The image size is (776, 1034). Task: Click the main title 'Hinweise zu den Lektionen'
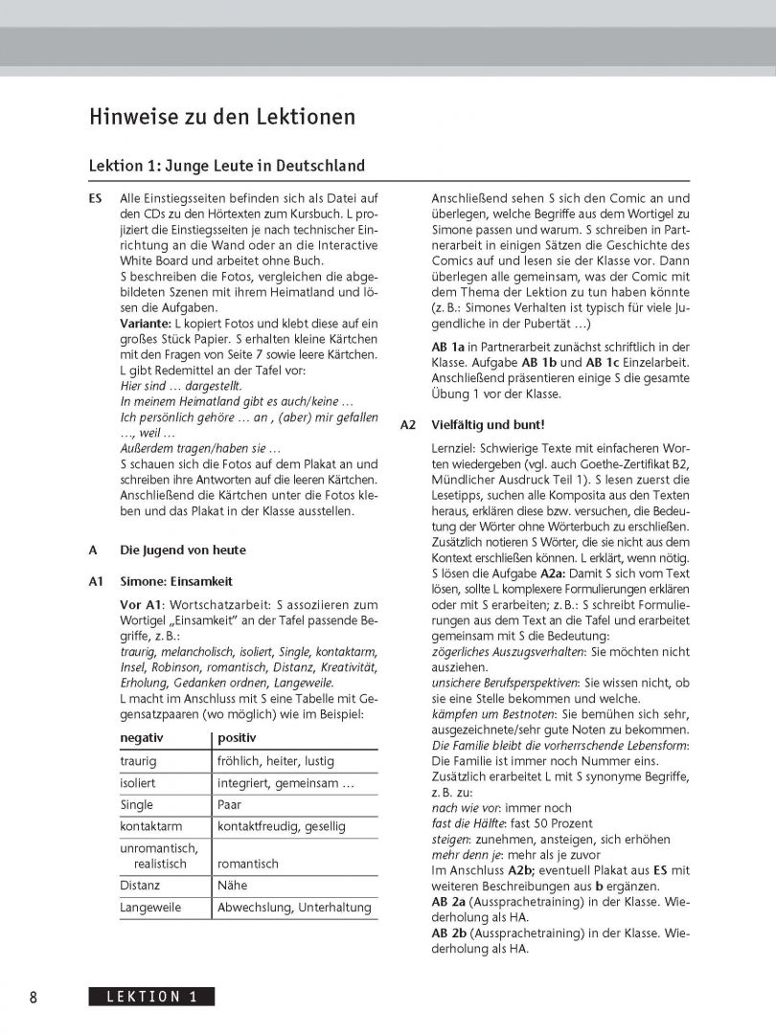pos(222,117)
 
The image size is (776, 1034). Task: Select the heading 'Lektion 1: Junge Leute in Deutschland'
pos(226,166)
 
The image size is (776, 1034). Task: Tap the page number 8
pos(34,997)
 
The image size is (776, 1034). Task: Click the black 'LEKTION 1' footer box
pos(151,997)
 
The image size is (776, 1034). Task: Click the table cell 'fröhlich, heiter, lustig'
pos(276,761)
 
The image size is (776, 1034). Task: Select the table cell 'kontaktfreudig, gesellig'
pos(282,825)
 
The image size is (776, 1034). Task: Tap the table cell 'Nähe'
pos(232,885)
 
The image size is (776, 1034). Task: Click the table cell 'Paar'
pos(230,804)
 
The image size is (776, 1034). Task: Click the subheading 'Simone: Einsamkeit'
pos(176,581)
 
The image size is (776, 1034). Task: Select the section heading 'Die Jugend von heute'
pos(182,551)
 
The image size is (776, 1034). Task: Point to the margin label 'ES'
pos(96,198)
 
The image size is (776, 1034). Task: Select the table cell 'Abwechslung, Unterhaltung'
pos(294,907)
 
